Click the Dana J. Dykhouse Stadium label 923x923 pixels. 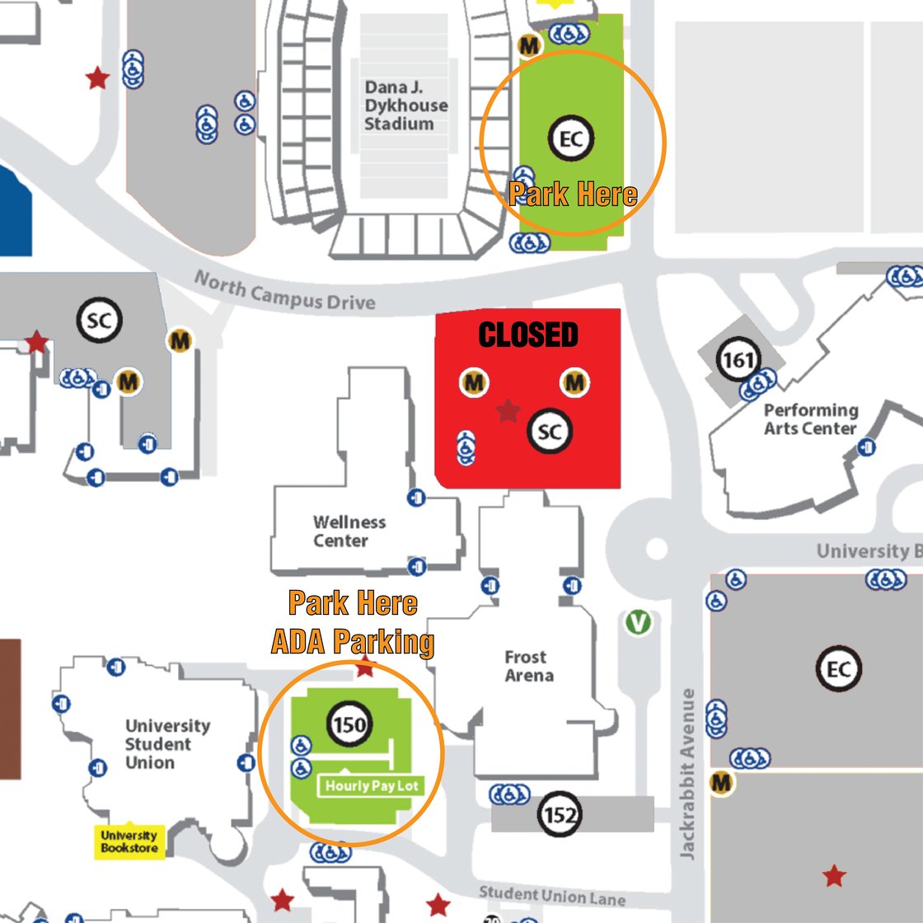[x=405, y=105]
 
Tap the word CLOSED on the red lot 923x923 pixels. [x=528, y=335]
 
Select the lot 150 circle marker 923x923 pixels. [x=349, y=724]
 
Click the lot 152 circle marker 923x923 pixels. [x=560, y=814]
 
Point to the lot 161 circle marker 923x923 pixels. [x=738, y=359]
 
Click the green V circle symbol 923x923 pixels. [x=638, y=621]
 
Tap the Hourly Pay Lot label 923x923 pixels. [x=372, y=786]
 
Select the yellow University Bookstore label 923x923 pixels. [x=129, y=841]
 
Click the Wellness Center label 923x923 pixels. [x=349, y=531]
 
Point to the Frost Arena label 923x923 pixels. [x=528, y=666]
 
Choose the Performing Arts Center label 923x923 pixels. [x=811, y=419]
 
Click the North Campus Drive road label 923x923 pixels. [x=285, y=290]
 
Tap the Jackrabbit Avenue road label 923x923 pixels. [x=687, y=774]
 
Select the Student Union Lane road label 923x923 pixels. [x=552, y=895]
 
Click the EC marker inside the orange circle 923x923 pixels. [x=570, y=139]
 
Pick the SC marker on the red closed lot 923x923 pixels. [x=549, y=432]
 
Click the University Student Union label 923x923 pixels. [x=167, y=744]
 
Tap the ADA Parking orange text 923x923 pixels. [x=353, y=641]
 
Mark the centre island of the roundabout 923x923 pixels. [x=656, y=549]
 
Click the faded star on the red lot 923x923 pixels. [x=508, y=411]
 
